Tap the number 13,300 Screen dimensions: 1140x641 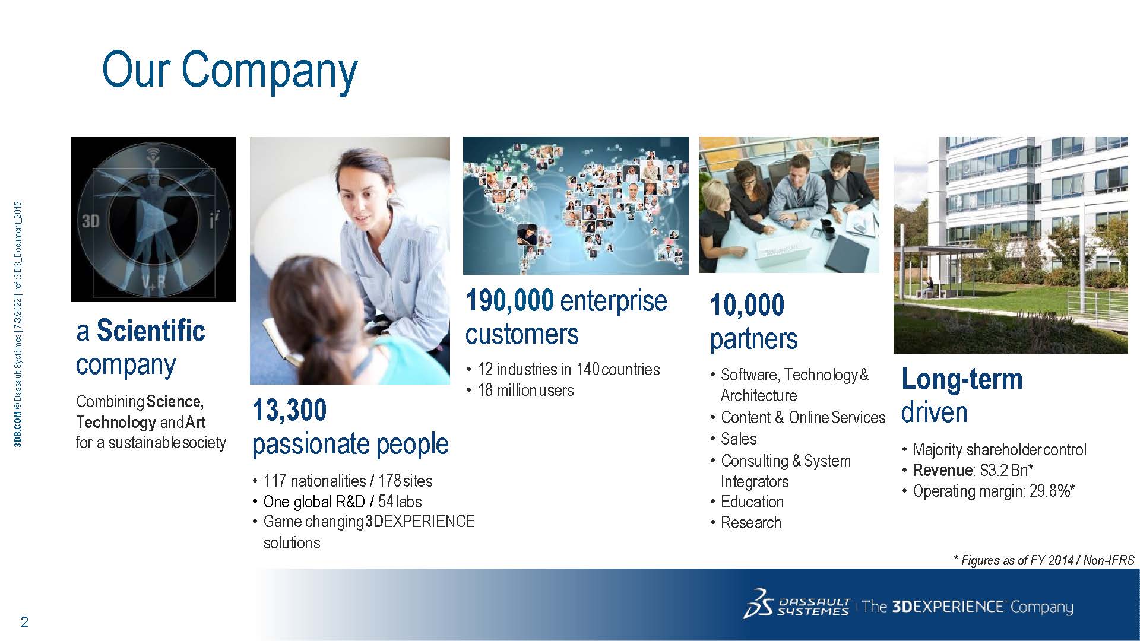coord(290,410)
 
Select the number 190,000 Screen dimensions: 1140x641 coord(510,300)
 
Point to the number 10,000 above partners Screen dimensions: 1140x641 coord(747,305)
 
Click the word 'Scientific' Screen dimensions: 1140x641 coord(151,331)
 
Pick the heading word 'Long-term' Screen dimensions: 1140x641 coord(962,379)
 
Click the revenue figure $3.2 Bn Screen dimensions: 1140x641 coord(1004,470)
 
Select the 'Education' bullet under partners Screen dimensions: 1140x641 coord(752,502)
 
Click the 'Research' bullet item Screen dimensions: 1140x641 coord(750,522)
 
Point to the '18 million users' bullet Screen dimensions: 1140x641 coord(525,390)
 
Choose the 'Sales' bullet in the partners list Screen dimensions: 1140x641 coord(739,439)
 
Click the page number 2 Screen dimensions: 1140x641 coord(24,622)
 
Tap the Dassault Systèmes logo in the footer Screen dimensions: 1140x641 coord(796,605)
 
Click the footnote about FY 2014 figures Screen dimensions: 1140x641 coord(1043,560)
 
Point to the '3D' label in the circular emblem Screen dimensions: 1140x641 coord(91,221)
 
